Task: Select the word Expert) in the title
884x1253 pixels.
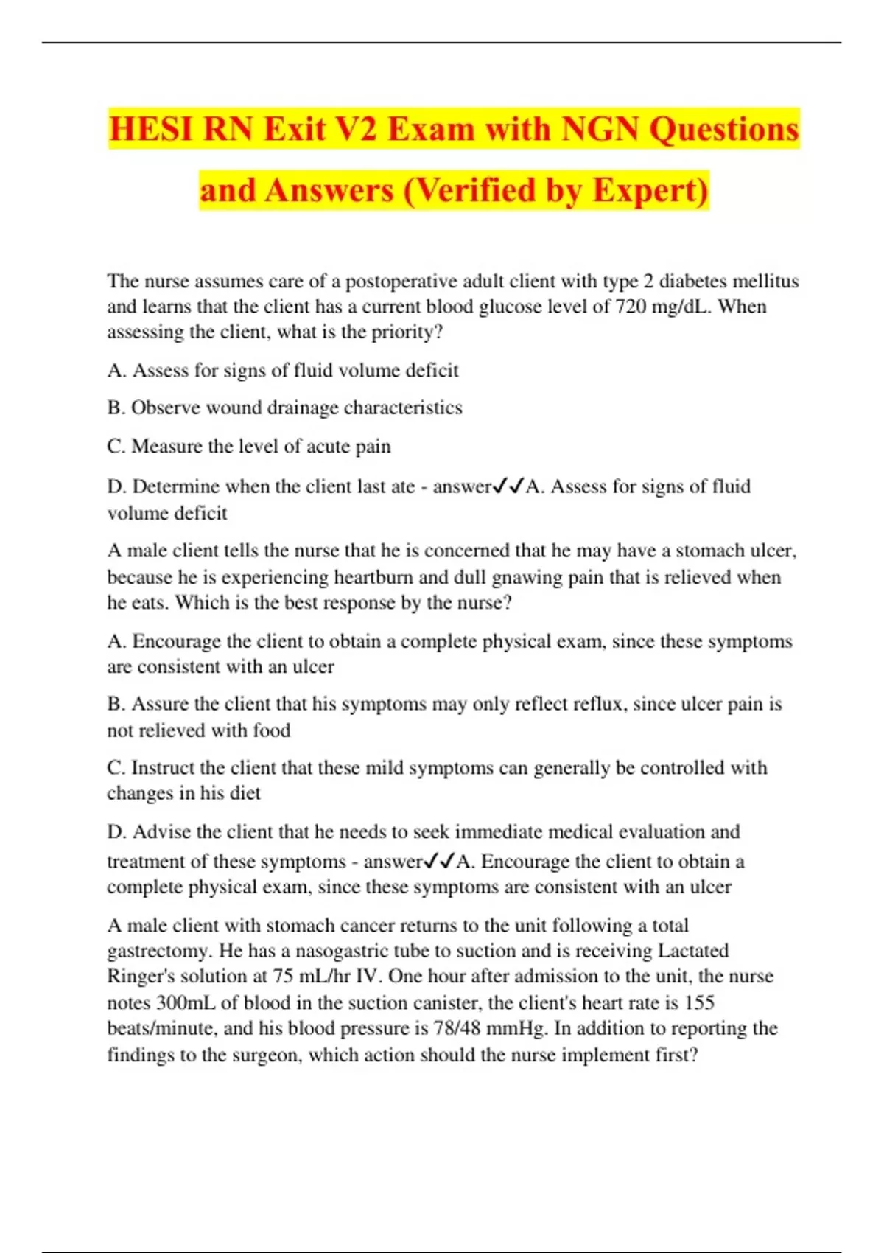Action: pyautogui.click(x=650, y=190)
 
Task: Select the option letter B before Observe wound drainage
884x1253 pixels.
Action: pyautogui.click(x=115, y=408)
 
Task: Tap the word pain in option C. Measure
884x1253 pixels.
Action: pyautogui.click(x=374, y=447)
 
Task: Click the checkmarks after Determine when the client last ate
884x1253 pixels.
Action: pyautogui.click(x=508, y=486)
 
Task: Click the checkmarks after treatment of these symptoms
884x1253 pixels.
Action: pyautogui.click(x=439, y=861)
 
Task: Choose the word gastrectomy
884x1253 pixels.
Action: pyautogui.click(x=152, y=951)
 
